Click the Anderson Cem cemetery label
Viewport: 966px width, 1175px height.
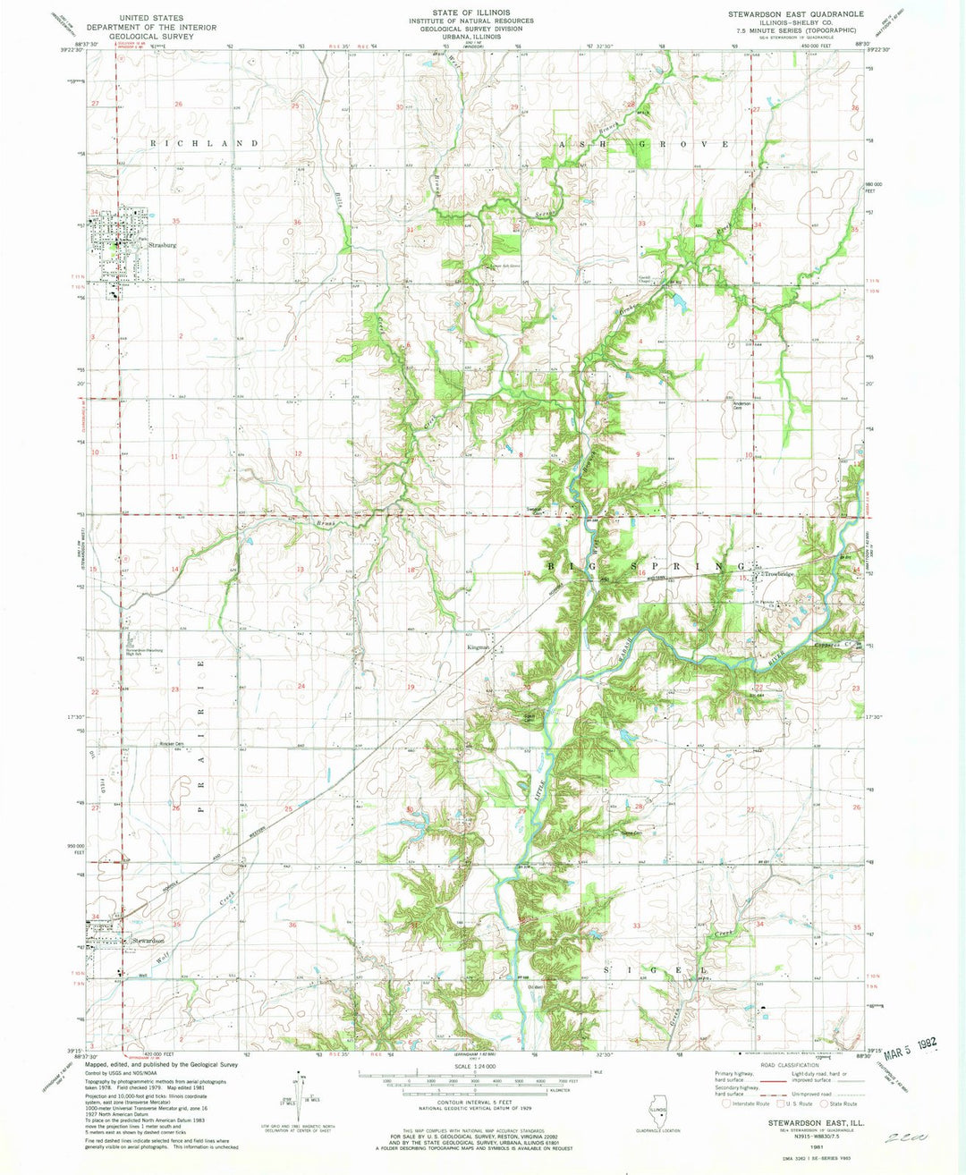pos(742,405)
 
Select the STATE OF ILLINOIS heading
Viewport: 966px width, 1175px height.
pos(470,13)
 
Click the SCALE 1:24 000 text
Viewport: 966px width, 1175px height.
pos(472,1065)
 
